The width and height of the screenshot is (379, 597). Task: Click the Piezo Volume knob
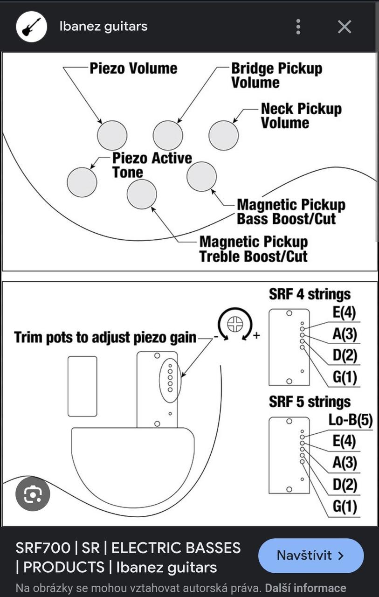(112, 135)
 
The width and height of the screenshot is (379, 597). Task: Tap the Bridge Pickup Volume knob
(168, 135)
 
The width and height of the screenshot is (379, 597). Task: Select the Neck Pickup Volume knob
(223, 135)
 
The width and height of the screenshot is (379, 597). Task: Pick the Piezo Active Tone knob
(82, 182)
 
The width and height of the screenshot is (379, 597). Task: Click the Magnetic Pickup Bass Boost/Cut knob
(201, 177)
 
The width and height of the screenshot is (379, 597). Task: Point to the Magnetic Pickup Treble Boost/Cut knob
(142, 194)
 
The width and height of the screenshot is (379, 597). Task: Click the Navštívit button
(310, 555)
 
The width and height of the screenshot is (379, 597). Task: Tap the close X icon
(345, 27)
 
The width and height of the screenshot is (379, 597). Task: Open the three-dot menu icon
(298, 27)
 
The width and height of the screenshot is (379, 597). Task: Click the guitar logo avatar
(32, 27)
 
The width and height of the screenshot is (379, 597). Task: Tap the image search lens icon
(33, 494)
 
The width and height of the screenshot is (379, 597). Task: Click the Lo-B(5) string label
(350, 420)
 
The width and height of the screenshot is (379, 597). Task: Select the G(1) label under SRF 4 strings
(345, 377)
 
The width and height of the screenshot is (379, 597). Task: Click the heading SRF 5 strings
(310, 402)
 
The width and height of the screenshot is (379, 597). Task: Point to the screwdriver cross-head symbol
(235, 324)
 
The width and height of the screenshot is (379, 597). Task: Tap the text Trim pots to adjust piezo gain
(105, 337)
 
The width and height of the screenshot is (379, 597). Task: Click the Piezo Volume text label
(133, 69)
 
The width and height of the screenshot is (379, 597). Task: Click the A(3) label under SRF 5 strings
(345, 463)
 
